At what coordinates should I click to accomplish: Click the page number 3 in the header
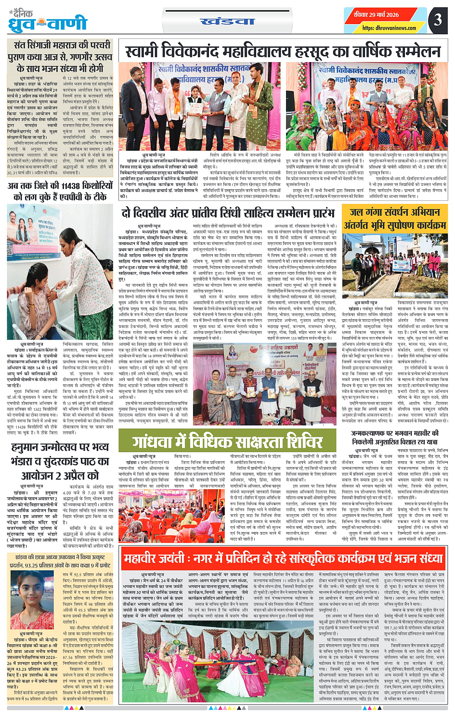click(437, 20)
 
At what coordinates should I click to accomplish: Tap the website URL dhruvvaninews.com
click(389, 28)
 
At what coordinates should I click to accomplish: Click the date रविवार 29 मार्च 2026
click(376, 14)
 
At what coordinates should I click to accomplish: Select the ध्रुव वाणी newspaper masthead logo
click(48, 21)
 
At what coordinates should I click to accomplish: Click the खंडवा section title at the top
click(227, 21)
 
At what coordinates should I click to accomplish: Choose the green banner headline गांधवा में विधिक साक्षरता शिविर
click(228, 440)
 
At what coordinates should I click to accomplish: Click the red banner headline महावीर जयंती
click(283, 558)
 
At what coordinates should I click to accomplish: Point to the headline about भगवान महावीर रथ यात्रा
click(394, 438)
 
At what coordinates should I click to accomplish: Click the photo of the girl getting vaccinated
click(60, 272)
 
